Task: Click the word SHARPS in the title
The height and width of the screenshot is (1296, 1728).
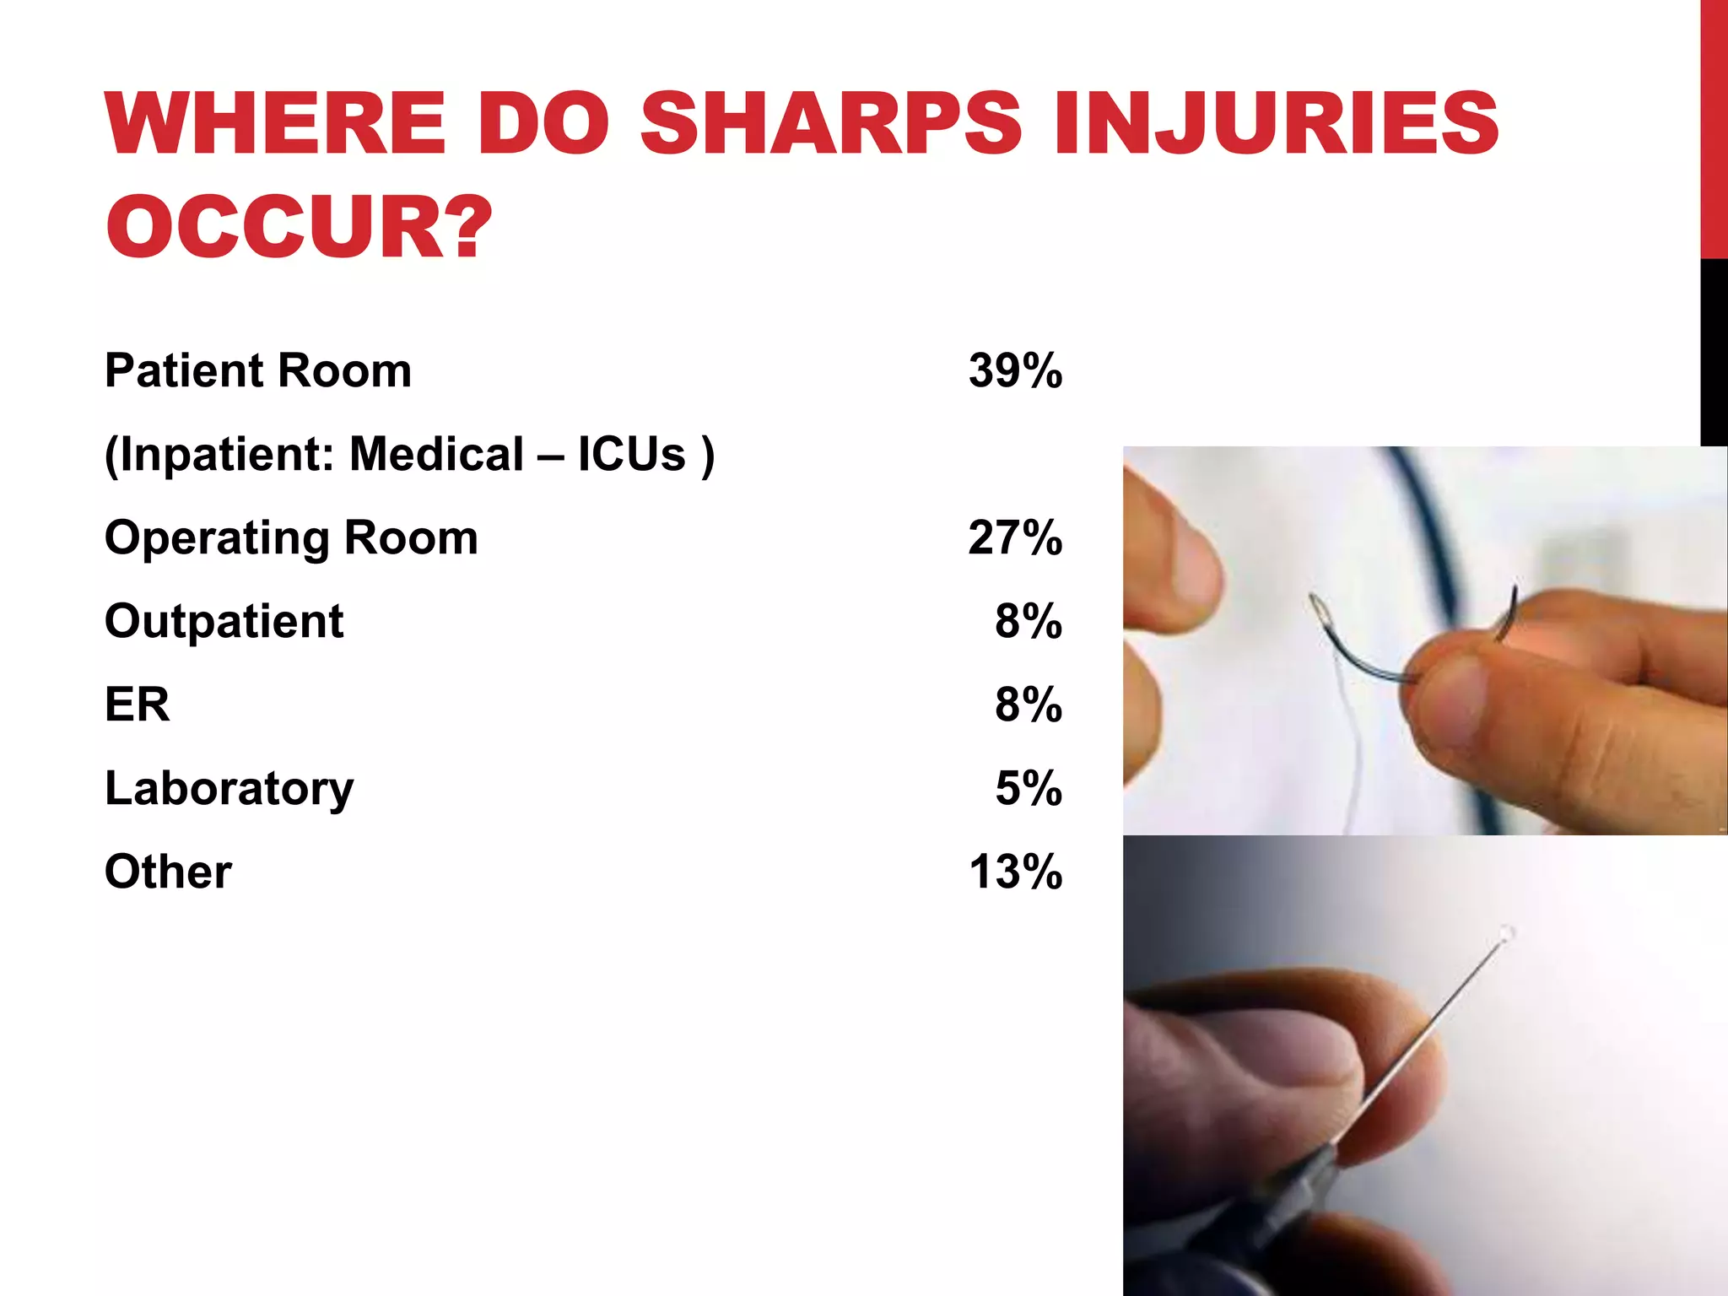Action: click(x=830, y=124)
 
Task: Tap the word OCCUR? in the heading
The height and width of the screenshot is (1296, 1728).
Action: click(x=298, y=227)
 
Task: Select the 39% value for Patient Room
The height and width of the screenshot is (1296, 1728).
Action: click(x=1015, y=370)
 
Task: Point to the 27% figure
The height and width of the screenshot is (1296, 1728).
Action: click(x=1015, y=537)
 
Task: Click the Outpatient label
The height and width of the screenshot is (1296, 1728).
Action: click(x=224, y=621)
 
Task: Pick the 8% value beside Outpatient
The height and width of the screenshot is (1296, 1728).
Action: click(x=1028, y=621)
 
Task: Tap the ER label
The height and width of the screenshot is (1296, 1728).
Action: click(x=137, y=704)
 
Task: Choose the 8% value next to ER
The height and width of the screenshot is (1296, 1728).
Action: click(x=1028, y=704)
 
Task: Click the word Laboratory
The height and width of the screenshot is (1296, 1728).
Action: click(x=229, y=788)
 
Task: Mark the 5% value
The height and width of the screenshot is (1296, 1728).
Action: click(x=1028, y=788)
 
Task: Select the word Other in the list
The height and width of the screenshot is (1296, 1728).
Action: click(x=168, y=872)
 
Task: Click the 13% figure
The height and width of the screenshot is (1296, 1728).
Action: click(x=1015, y=872)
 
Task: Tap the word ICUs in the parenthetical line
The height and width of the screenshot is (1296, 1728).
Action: click(x=631, y=454)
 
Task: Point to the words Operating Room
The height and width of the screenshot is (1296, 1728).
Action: click(x=291, y=537)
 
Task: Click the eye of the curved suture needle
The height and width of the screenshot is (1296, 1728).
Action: click(x=1318, y=606)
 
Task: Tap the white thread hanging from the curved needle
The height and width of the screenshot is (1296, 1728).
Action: click(x=1355, y=742)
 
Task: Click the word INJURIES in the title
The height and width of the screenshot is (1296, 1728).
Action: click(x=1276, y=124)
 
